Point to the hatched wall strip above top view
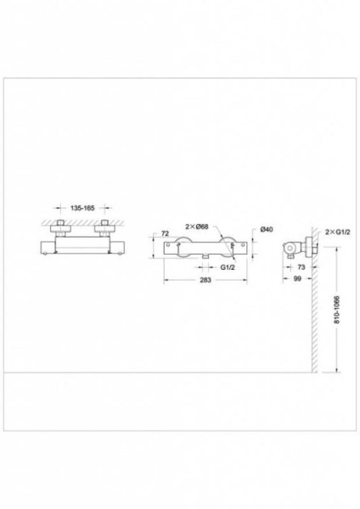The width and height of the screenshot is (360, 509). [84, 221]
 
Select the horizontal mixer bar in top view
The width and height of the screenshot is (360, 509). [84, 245]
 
